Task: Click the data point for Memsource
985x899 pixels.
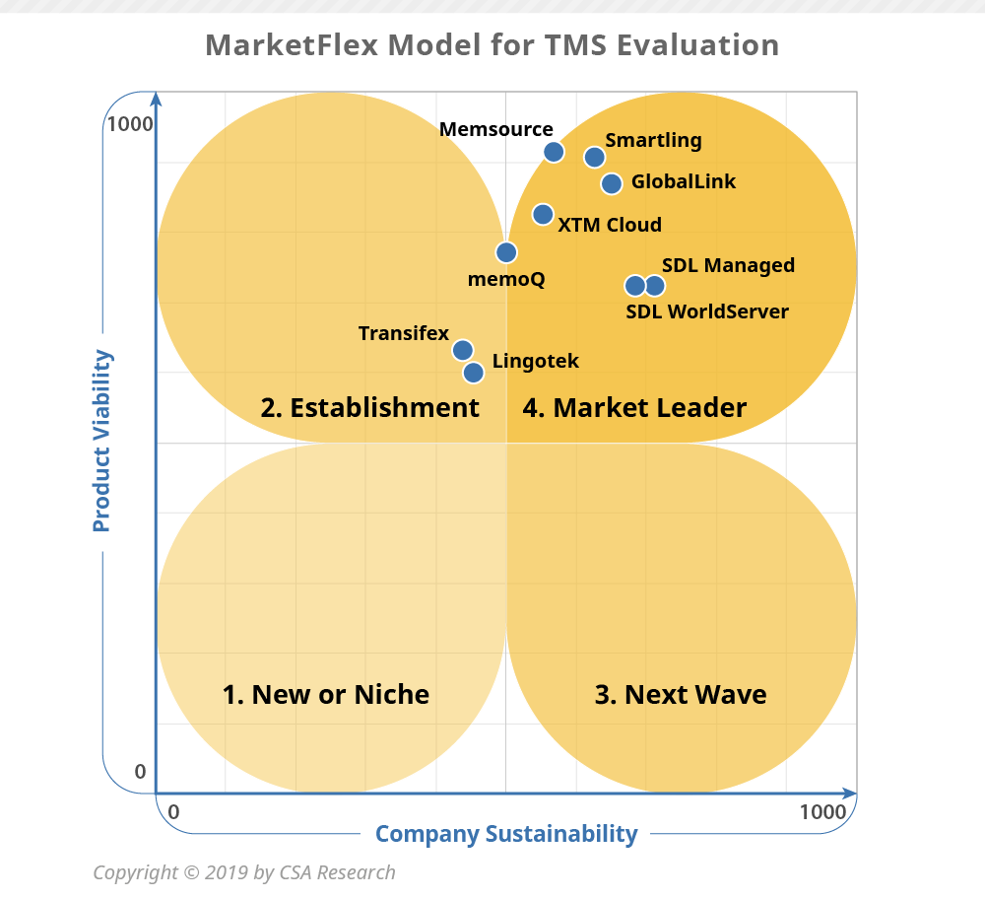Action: click(554, 152)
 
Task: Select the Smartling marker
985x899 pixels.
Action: click(594, 158)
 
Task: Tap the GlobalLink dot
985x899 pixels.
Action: click(612, 183)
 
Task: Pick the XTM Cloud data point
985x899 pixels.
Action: click(543, 215)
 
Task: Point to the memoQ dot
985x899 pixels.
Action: click(506, 252)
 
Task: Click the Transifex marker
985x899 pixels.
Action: click(462, 350)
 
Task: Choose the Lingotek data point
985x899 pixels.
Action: click(474, 373)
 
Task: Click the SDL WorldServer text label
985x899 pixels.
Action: click(707, 311)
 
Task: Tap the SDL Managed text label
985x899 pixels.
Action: click(728, 265)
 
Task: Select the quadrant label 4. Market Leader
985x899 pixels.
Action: click(634, 407)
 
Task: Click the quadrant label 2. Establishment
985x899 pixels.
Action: click(369, 407)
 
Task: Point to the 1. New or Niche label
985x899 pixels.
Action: click(325, 694)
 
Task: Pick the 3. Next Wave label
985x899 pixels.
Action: click(681, 694)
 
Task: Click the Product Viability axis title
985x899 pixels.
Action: click(101, 441)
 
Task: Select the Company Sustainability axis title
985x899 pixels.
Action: click(506, 834)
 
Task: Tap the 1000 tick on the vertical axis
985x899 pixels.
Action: click(130, 124)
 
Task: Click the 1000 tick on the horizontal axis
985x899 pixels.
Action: click(822, 811)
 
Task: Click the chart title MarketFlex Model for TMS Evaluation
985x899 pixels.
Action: click(492, 45)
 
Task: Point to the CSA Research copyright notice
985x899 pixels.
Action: click(244, 872)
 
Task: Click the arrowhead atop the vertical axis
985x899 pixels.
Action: click(157, 98)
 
